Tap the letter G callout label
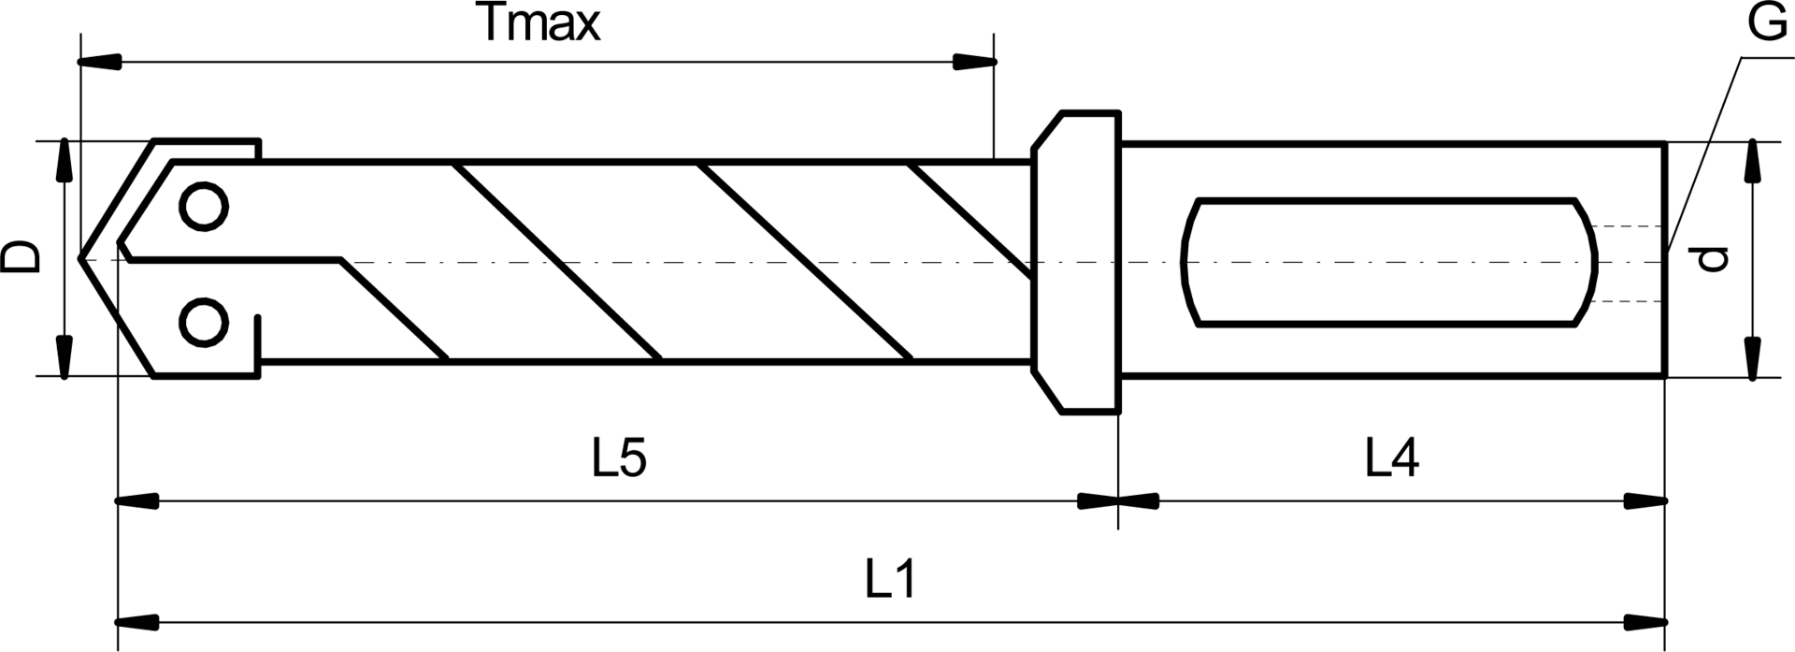pyautogui.click(x=1767, y=24)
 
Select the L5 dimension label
pyautogui.click(x=620, y=459)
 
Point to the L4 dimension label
pyautogui.click(x=1392, y=459)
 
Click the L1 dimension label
pyautogui.click(x=890, y=580)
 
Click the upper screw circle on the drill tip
pyautogui.click(x=204, y=207)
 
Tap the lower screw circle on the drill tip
pyautogui.click(x=204, y=324)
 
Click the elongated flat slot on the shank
pyautogui.click(x=1389, y=262)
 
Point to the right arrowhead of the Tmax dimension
pyautogui.click(x=974, y=62)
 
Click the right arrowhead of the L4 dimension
pyautogui.click(x=1645, y=502)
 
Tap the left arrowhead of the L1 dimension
pyautogui.click(x=137, y=621)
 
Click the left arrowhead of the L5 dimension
pyautogui.click(x=137, y=502)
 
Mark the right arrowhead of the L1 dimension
pyautogui.click(x=1645, y=621)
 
